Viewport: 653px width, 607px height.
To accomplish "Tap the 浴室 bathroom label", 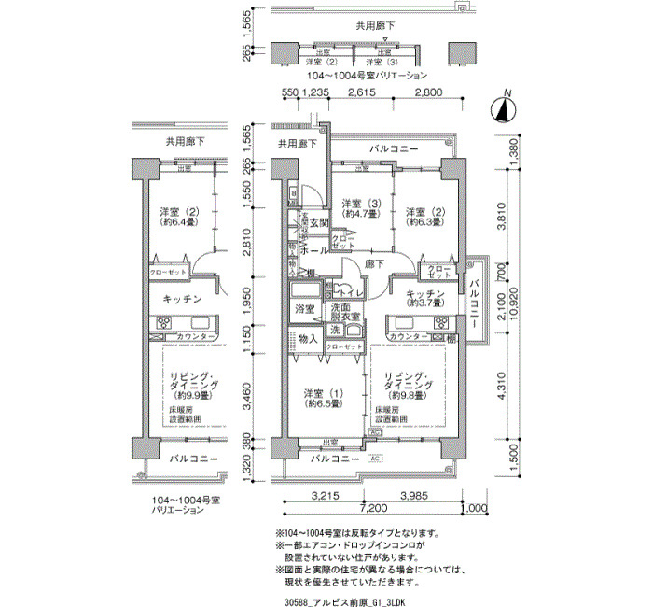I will (x=304, y=307).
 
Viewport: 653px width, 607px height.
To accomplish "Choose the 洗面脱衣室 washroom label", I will (x=340, y=312).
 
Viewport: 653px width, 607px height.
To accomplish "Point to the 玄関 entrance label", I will (x=320, y=221).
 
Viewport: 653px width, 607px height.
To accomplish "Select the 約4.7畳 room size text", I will (x=360, y=214).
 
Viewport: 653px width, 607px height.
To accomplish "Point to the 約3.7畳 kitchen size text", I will (x=424, y=303).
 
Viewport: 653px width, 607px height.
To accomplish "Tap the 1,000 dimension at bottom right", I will (x=476, y=510).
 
